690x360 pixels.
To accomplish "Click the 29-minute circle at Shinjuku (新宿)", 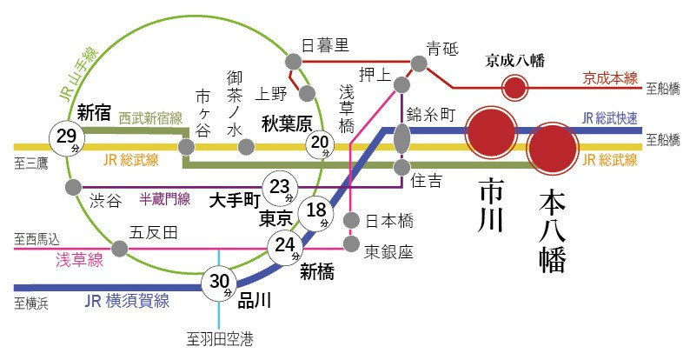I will point(66,137).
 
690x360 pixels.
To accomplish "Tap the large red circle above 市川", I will point(492,133).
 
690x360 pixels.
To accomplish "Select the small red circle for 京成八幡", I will point(515,87).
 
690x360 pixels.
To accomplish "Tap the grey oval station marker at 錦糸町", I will point(401,137).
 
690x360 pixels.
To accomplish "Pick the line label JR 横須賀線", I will point(127,301).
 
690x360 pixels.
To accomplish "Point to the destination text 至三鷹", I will point(31,163).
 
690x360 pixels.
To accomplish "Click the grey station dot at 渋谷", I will point(70,188).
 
